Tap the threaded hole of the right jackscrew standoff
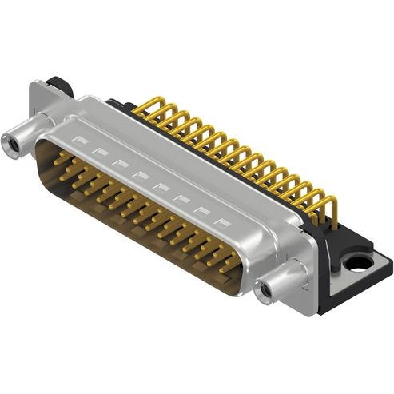tap(265, 290)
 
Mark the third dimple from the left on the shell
tap(119, 164)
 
